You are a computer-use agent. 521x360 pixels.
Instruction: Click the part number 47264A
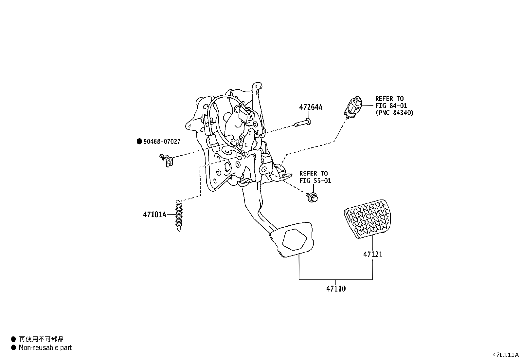point(310,107)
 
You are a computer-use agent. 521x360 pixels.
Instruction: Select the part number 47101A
point(154,215)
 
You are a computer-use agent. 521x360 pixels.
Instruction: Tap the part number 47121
point(372,255)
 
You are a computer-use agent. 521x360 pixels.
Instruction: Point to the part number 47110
point(336,289)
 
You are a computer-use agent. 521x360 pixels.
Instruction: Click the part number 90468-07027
point(162,142)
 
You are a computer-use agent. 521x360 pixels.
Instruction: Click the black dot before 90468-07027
point(139,142)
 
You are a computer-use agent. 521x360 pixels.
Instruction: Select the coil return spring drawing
point(178,215)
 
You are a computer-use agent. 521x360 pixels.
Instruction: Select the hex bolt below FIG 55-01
point(313,197)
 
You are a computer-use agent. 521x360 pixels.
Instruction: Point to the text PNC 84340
point(394,113)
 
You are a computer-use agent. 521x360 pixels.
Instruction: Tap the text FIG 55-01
point(315,181)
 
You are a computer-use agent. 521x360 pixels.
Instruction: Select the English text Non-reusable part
point(45,348)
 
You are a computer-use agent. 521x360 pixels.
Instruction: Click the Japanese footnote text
point(41,339)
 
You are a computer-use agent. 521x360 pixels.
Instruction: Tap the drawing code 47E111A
point(506,355)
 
